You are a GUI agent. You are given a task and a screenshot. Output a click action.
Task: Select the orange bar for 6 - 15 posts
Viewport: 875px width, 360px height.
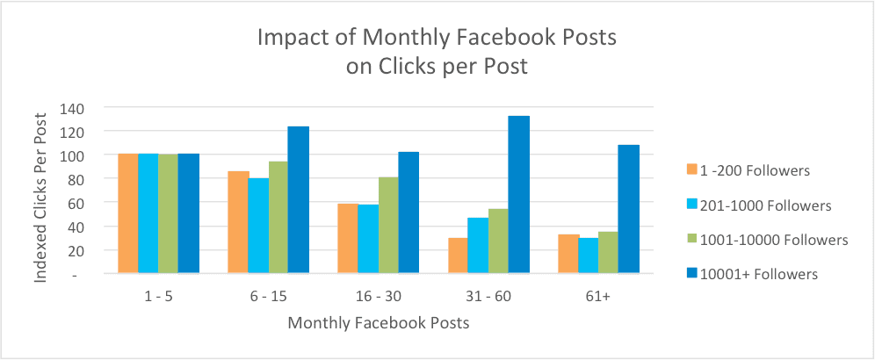238,222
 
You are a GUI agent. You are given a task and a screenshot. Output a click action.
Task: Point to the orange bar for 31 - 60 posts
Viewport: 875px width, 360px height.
458,256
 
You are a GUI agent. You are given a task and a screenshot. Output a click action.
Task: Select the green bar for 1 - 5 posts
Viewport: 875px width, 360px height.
168,213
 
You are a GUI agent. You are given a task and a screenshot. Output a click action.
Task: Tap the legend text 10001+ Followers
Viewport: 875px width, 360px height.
762,274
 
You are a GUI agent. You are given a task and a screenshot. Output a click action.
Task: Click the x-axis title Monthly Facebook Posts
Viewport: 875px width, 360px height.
378,323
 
